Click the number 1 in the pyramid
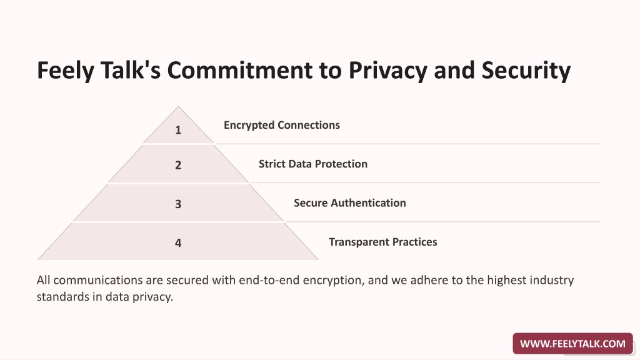coord(178,130)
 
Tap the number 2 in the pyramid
coord(178,165)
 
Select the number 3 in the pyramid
coord(178,204)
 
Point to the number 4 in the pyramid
coord(178,243)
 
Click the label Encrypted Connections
coord(282,125)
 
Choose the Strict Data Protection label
coord(313,164)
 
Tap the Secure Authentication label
coord(350,203)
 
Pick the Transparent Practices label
coord(383,242)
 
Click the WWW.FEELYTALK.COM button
coord(572,344)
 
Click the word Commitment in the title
coord(240,70)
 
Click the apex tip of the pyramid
coord(178,106)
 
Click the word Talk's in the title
coord(131,70)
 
